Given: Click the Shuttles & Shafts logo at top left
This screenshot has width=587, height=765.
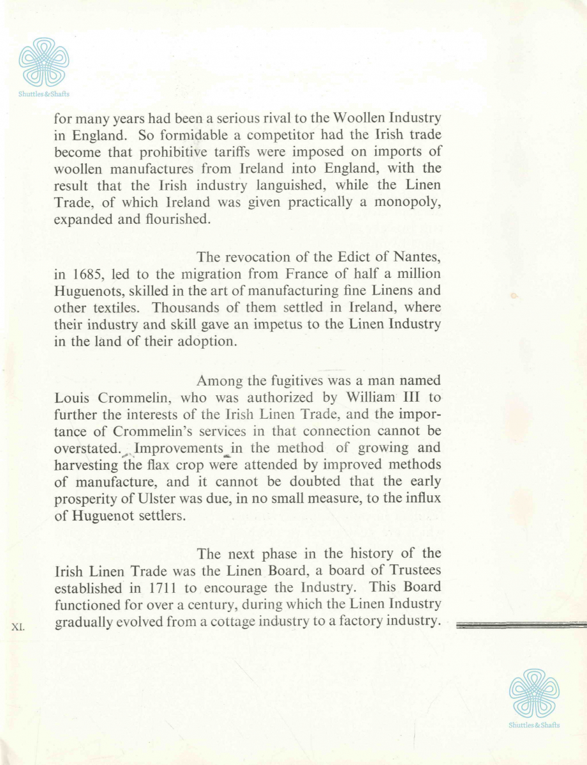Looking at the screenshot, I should (x=43, y=63).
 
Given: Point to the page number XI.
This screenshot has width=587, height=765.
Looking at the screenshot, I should (x=18, y=627).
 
